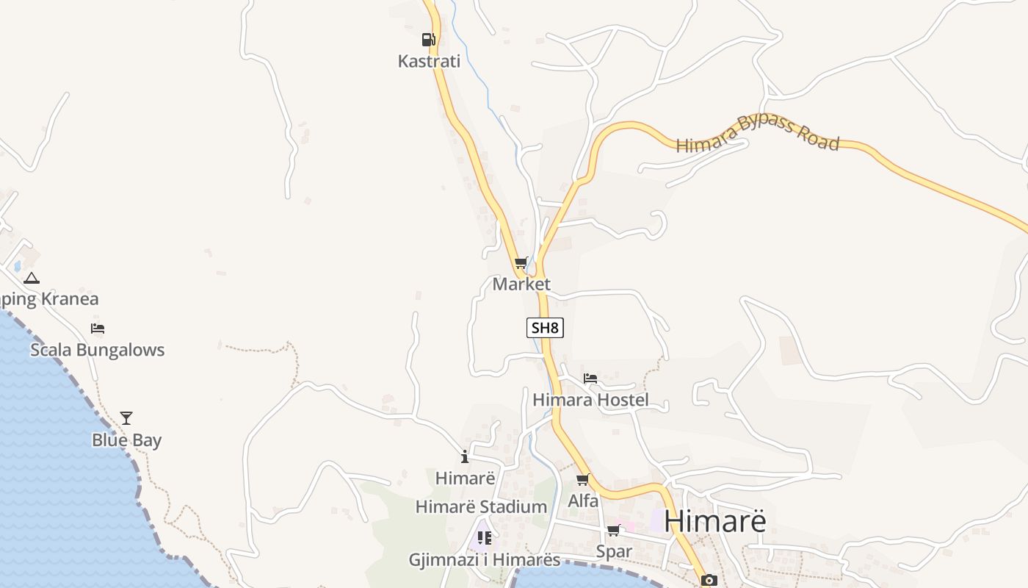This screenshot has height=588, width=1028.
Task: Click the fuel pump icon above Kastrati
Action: [429, 40]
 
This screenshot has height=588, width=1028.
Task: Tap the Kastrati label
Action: [429, 61]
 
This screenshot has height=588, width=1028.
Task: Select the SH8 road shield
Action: [545, 328]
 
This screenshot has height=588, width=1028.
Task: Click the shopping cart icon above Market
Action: [521, 263]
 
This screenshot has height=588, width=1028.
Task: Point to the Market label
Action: [521, 284]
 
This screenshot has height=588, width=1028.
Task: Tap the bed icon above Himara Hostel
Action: [590, 379]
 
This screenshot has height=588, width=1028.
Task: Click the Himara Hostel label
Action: [590, 400]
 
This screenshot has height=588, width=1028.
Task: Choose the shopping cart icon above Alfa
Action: [583, 480]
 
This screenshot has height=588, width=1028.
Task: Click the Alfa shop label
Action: [583, 501]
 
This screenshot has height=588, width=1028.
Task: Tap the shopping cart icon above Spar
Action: [613, 531]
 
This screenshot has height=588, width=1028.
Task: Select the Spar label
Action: [614, 551]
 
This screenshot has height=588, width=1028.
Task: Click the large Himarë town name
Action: [714, 521]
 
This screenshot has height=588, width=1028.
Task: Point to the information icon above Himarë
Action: [465, 456]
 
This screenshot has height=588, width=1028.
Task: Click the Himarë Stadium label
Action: [481, 506]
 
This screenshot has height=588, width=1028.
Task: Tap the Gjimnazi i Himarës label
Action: [485, 560]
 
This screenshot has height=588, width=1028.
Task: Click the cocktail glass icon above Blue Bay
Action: [126, 418]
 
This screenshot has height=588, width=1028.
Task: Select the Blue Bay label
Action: [126, 440]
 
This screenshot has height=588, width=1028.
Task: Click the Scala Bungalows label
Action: [97, 350]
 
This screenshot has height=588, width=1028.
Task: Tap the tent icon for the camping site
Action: [31, 279]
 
